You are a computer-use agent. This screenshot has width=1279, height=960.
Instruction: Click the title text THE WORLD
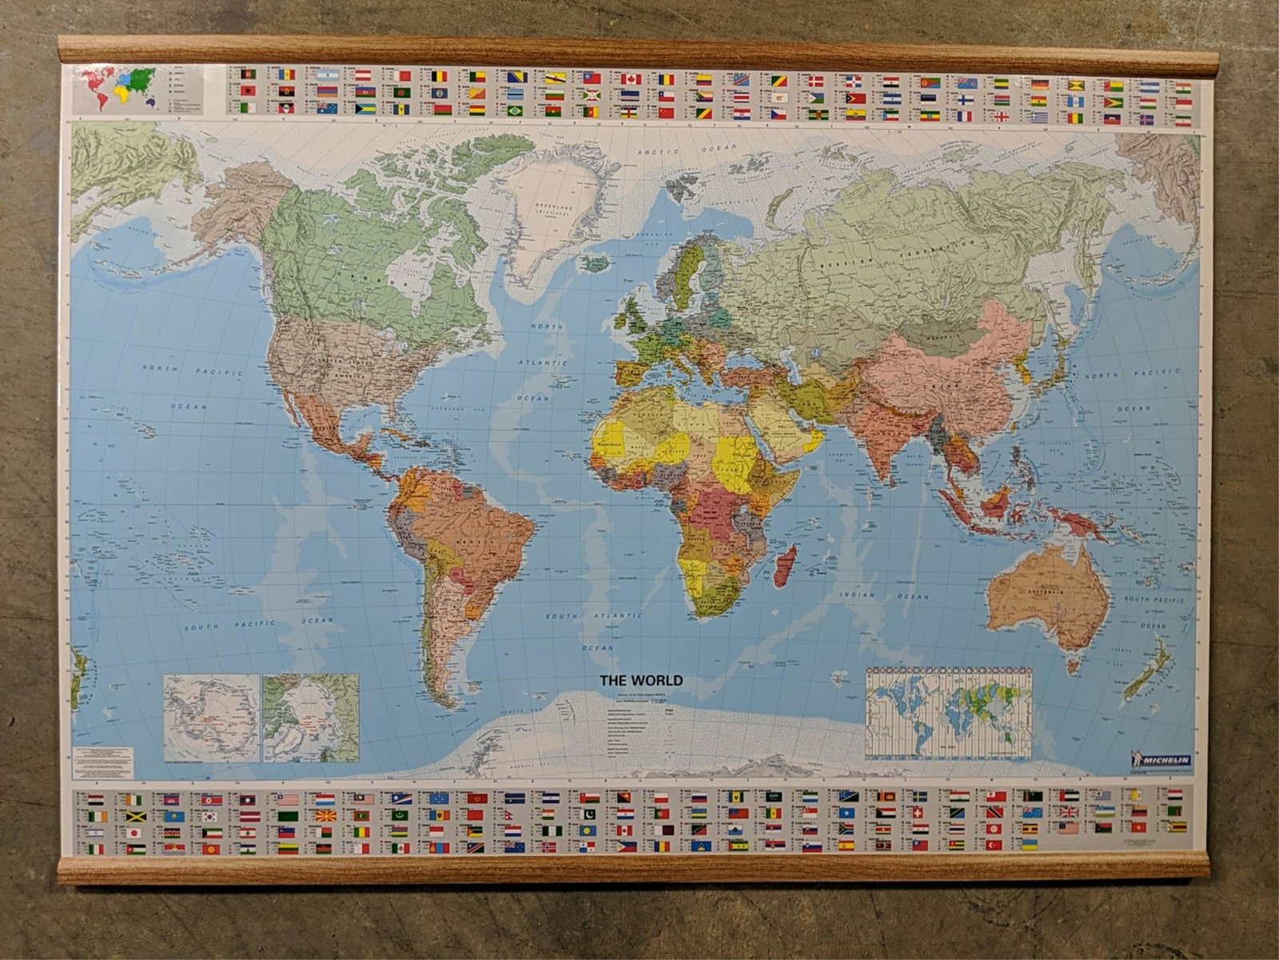click(x=641, y=681)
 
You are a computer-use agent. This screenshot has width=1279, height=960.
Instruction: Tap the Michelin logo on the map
click(x=1161, y=758)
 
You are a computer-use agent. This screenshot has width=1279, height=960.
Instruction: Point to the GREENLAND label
click(x=553, y=207)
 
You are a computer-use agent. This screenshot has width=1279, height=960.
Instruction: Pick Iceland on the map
click(x=593, y=263)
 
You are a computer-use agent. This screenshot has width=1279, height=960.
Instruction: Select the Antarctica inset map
click(x=212, y=718)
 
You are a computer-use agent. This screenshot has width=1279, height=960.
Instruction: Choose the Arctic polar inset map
click(x=311, y=718)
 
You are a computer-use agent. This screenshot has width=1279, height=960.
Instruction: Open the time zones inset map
click(x=949, y=714)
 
